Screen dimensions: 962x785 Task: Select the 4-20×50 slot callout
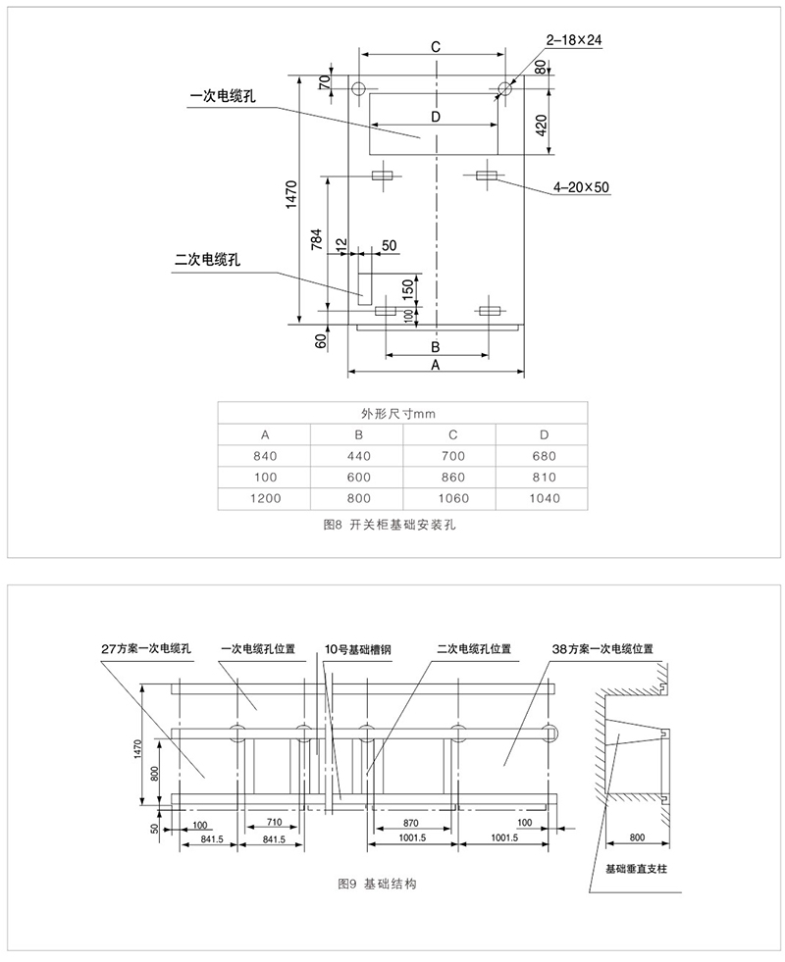[581, 186]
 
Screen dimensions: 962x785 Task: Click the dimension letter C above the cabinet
[435, 46]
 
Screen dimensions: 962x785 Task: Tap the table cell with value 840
[265, 455]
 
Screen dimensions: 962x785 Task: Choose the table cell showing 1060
[450, 497]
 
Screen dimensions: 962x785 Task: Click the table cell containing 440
[358, 455]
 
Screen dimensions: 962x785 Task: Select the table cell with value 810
[543, 477]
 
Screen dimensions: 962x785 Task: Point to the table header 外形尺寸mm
[403, 413]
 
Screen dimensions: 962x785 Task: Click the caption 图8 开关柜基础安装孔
[391, 526]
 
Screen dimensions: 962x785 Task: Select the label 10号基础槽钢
[360, 648]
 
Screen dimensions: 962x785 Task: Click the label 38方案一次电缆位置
[602, 648]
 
